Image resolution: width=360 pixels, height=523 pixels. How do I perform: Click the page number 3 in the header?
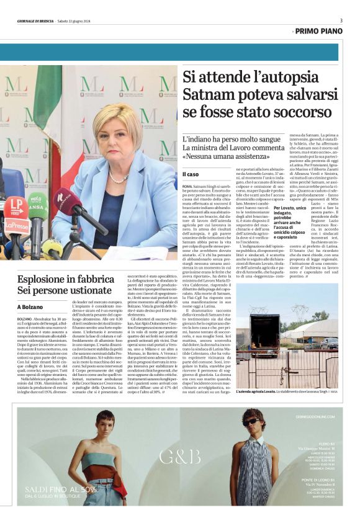click(x=341, y=20)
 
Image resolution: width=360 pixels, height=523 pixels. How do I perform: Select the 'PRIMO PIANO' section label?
click(x=319, y=30)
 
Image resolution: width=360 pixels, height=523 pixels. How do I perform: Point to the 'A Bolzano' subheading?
click(x=30, y=306)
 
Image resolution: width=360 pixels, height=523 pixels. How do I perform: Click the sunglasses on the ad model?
click(x=252, y=422)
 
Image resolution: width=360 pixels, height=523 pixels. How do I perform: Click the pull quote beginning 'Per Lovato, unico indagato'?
click(x=294, y=222)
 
